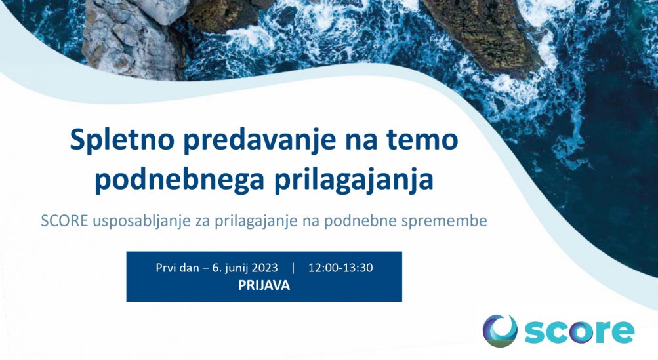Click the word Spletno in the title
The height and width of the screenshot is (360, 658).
[122, 141]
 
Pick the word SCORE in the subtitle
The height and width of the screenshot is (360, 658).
[64, 221]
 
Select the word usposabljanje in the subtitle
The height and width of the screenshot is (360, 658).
[142, 222]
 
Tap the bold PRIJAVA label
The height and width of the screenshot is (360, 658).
[264, 285]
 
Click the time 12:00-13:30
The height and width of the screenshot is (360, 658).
[340, 268]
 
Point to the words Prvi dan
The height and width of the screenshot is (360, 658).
[177, 268]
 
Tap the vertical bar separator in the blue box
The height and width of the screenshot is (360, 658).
[293, 268]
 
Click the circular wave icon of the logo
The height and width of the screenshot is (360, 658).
[500, 331]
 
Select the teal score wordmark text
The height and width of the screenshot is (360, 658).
[579, 331]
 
